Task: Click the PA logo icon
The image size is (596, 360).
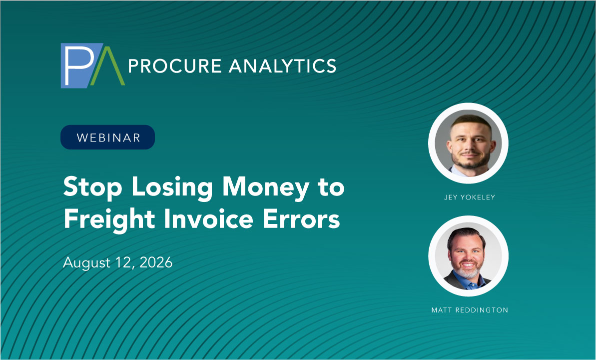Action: pos(93,65)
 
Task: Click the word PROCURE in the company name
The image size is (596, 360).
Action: pos(175,66)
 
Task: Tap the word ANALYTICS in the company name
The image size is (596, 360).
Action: pos(282,66)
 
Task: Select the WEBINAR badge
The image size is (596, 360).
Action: pos(107,137)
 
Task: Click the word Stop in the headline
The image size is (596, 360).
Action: pos(93,187)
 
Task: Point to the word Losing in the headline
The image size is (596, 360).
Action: pos(172,187)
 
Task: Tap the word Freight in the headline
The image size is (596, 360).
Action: pos(109,219)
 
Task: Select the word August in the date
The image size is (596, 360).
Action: pos(86,263)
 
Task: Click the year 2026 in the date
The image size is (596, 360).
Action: pos(156,262)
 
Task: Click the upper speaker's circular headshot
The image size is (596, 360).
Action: pos(468,143)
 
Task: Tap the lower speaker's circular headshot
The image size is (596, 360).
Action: pos(468,255)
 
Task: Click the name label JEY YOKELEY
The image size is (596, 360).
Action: pos(470,197)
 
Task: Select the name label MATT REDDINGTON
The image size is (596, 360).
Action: pos(470,310)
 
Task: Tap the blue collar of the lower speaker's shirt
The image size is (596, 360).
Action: pos(468,281)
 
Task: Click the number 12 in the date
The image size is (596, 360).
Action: pos(125,262)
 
